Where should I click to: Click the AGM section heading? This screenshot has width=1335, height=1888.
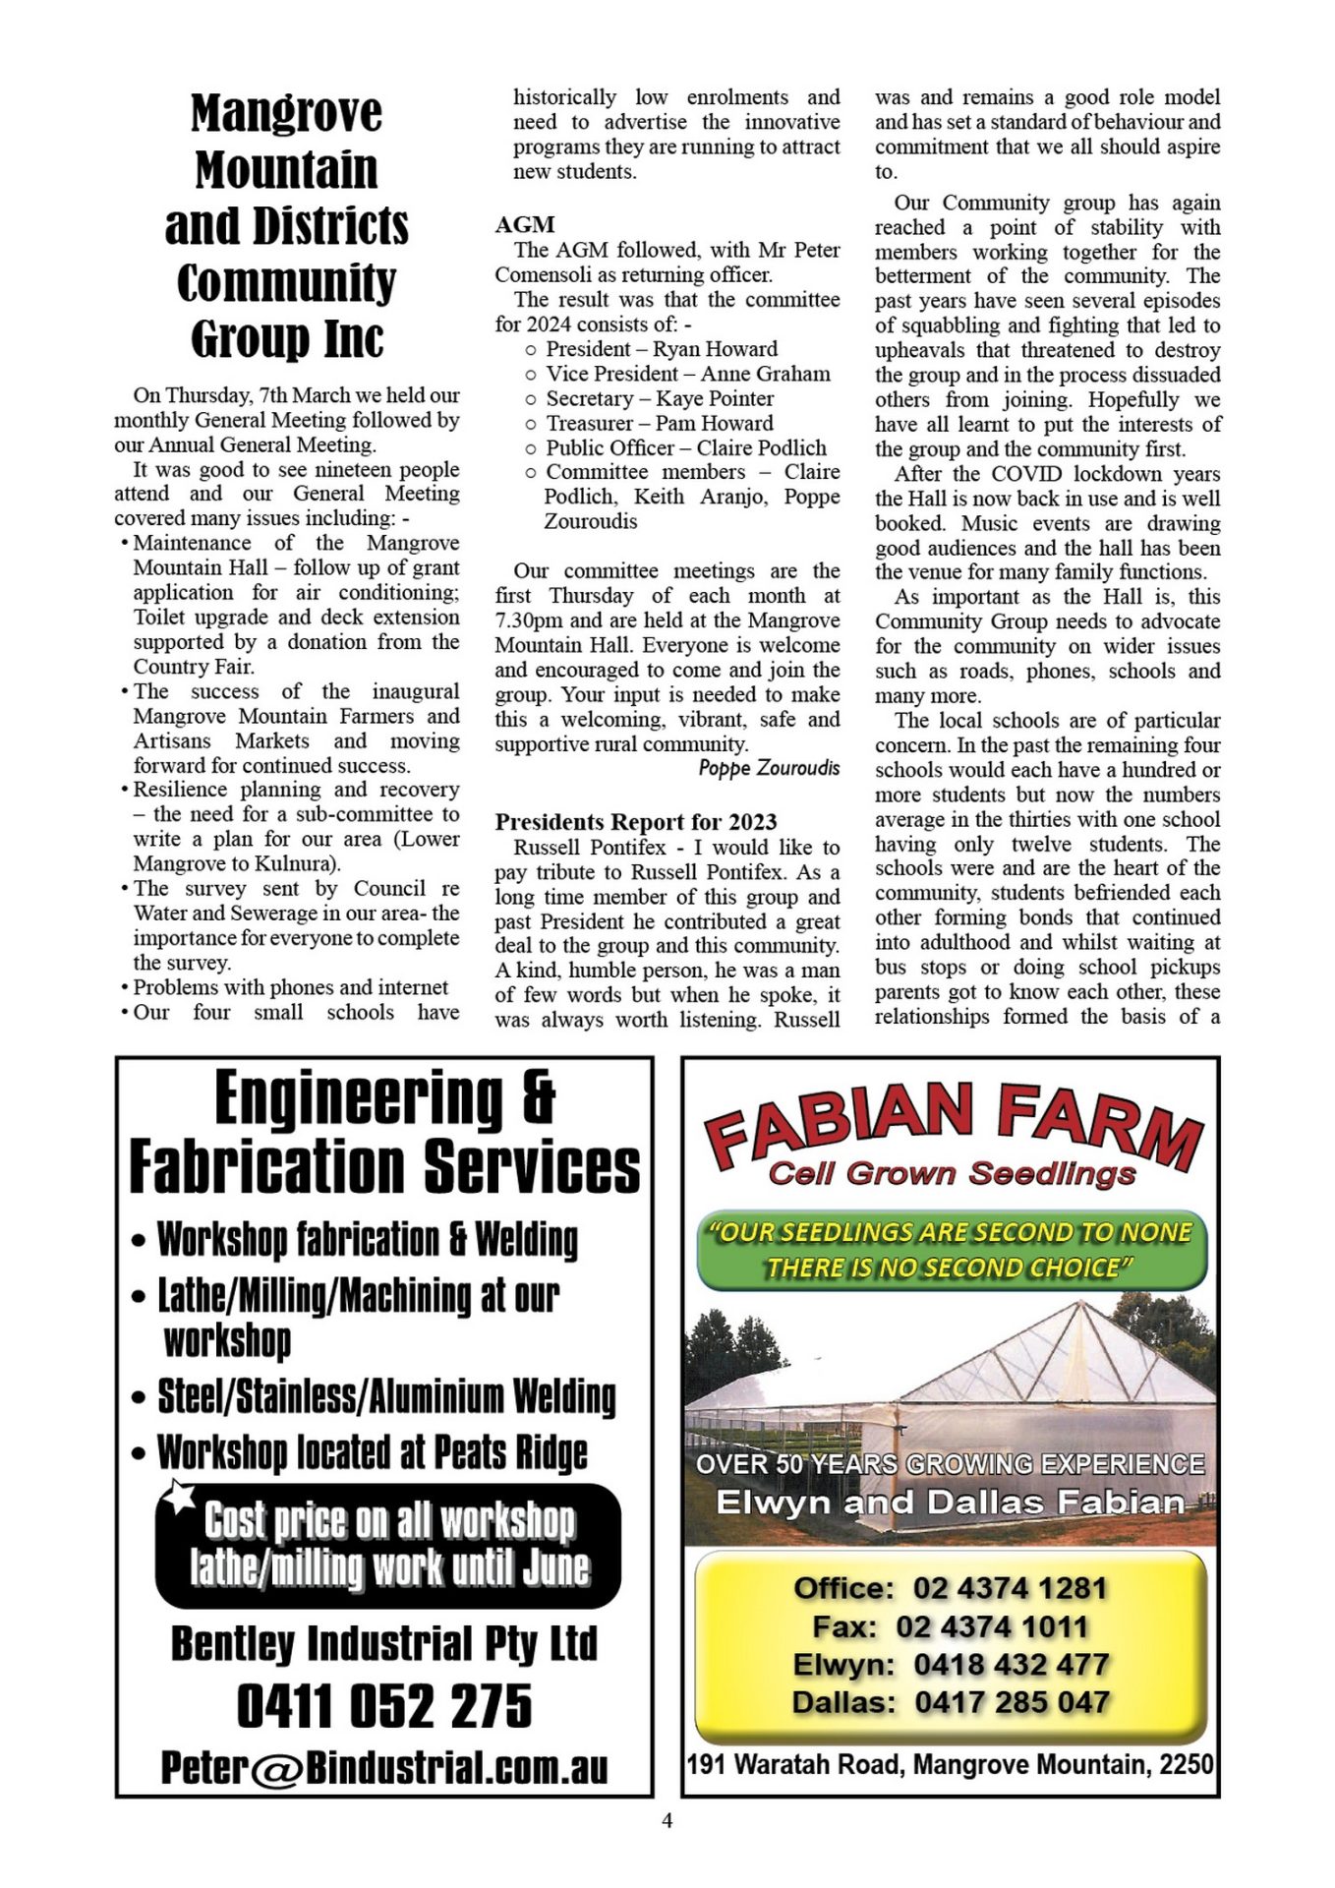pyautogui.click(x=525, y=224)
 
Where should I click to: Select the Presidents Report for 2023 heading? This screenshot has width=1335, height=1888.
pyautogui.click(x=635, y=822)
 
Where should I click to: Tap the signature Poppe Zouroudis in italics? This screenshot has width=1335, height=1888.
pyautogui.click(x=769, y=768)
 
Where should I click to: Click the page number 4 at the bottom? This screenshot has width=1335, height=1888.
pyautogui.click(x=667, y=1820)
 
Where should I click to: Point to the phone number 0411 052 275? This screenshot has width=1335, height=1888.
pyautogui.click(x=384, y=1706)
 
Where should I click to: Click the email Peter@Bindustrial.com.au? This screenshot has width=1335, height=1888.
pyautogui.click(x=384, y=1767)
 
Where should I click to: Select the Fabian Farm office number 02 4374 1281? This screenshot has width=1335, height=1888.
pyautogui.click(x=1010, y=1588)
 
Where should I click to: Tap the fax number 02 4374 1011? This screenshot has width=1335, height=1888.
pyautogui.click(x=992, y=1626)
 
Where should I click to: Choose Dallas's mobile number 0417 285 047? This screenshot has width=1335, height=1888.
pyautogui.click(x=1012, y=1702)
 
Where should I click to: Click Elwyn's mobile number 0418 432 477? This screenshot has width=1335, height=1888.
pyautogui.click(x=1011, y=1665)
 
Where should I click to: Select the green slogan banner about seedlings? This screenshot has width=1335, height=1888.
pyautogui.click(x=951, y=1250)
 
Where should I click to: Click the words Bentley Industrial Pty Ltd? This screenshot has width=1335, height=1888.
pyautogui.click(x=384, y=1643)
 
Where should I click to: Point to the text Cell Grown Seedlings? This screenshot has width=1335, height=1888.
pyautogui.click(x=952, y=1173)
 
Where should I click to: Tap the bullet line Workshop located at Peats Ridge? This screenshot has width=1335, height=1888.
pyautogui.click(x=373, y=1452)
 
